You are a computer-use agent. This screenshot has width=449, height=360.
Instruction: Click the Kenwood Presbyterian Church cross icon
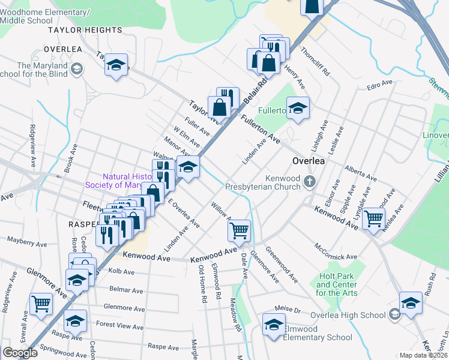[x=310, y=182]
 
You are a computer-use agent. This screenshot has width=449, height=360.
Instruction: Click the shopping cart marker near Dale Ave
[x=240, y=230]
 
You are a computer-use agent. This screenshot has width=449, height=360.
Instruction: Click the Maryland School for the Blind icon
[x=76, y=70]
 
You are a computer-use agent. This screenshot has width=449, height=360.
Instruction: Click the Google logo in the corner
[x=20, y=353]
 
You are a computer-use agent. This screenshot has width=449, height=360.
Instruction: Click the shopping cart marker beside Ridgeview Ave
[x=41, y=304]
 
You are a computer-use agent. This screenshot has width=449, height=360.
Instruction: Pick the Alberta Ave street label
[x=361, y=174]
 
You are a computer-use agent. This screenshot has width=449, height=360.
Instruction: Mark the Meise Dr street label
[x=288, y=310]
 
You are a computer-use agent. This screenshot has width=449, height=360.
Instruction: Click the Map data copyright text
[x=423, y=355]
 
